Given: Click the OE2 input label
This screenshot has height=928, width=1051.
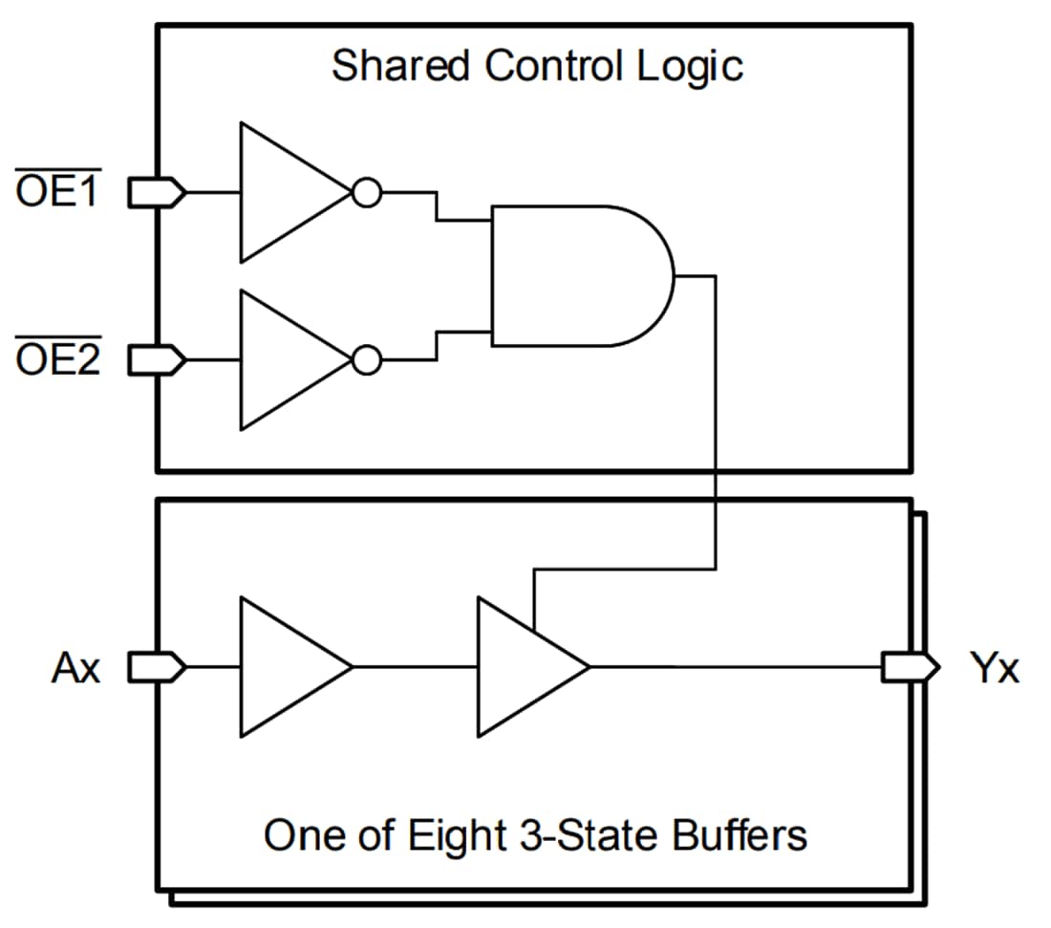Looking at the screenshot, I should point(58,361).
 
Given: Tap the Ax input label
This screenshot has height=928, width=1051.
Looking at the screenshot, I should point(75,669).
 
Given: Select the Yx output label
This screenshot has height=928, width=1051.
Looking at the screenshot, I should point(995,669).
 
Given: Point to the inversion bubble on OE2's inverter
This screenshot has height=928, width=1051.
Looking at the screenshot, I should point(366,360).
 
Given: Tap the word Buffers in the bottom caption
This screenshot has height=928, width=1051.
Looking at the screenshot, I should point(740,835).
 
